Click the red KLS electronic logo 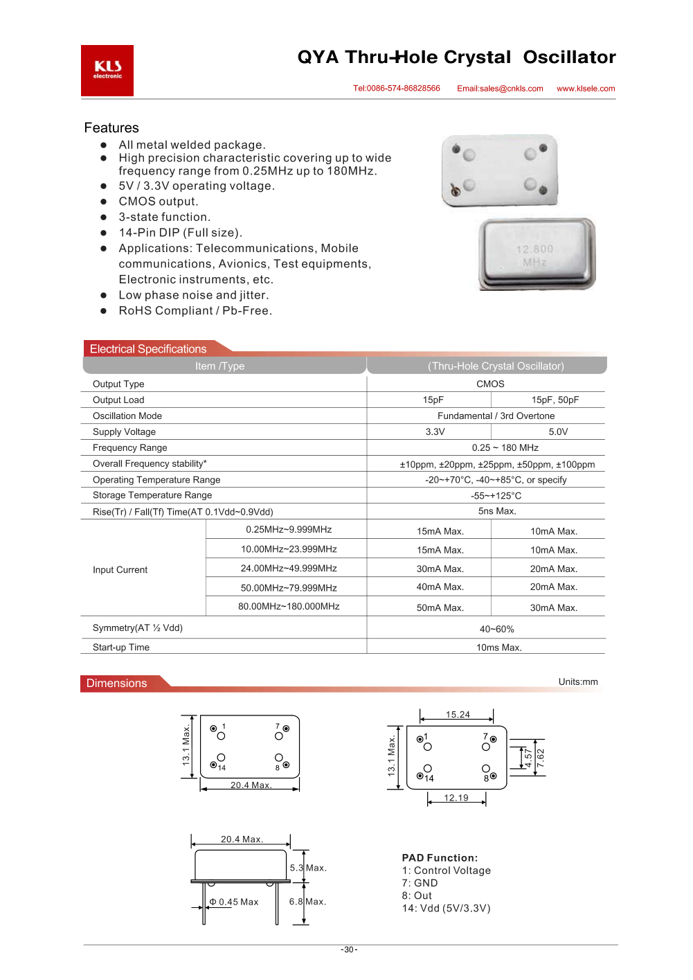pyautogui.click(x=107, y=71)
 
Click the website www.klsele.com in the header pyautogui.click(x=586, y=89)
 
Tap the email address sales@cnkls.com pyautogui.click(x=500, y=89)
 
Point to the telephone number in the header pyautogui.click(x=397, y=89)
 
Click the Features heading pyautogui.click(x=111, y=128)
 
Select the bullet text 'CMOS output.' pyautogui.click(x=159, y=202)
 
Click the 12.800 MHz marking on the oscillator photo pyautogui.click(x=534, y=255)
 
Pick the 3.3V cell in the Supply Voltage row pyautogui.click(x=435, y=431)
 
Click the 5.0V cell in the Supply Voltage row pyautogui.click(x=558, y=431)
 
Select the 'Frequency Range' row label pyautogui.click(x=130, y=448)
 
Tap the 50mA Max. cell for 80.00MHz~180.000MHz pyautogui.click(x=440, y=607)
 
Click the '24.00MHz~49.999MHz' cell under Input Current pyautogui.click(x=289, y=568)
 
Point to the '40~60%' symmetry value pyautogui.click(x=497, y=630)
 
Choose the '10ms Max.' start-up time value pyautogui.click(x=498, y=648)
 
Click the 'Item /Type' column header pyautogui.click(x=220, y=366)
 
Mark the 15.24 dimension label pyautogui.click(x=458, y=715)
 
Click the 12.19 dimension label pyautogui.click(x=456, y=798)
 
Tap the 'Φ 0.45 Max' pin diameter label pyautogui.click(x=234, y=902)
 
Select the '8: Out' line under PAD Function pyautogui.click(x=417, y=896)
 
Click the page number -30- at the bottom pyautogui.click(x=349, y=950)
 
